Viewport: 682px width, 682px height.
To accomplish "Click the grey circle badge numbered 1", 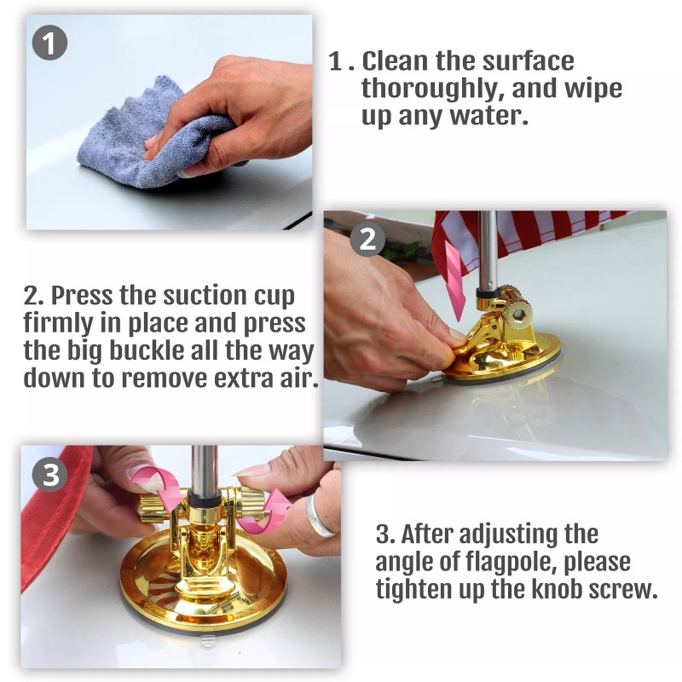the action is (49, 43).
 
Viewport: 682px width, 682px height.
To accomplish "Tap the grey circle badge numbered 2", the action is (368, 239).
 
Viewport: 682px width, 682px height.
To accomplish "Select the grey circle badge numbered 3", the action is (50, 474).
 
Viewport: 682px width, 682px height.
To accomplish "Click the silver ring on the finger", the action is (319, 517).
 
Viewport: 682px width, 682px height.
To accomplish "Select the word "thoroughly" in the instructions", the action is (433, 90).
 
